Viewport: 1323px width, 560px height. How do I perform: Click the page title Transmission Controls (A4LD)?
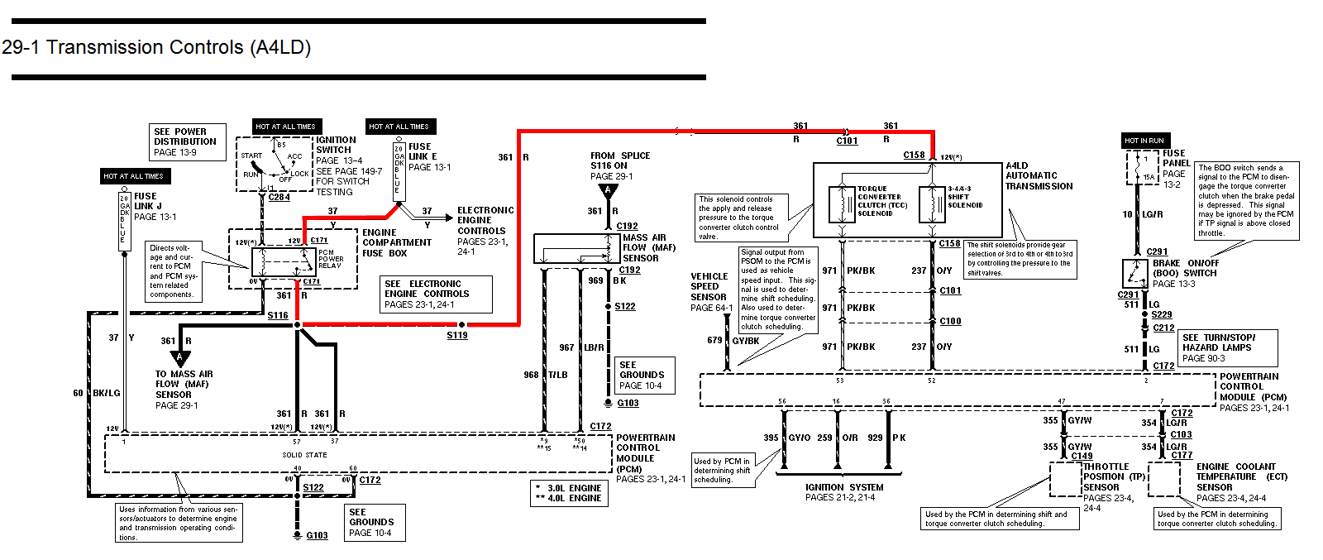156,47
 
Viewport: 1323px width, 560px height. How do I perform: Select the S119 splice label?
457,335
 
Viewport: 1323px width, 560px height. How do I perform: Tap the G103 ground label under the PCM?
317,535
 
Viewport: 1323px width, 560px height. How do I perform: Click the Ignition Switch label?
335,145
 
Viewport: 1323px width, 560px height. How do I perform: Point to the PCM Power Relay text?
330,259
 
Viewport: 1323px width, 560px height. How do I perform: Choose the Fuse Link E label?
421,151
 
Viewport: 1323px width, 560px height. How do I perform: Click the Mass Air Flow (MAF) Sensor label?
648,247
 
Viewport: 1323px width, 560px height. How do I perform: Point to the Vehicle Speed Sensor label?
709,286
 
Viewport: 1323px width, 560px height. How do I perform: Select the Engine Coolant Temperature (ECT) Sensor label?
1235,476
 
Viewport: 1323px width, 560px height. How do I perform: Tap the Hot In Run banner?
1144,140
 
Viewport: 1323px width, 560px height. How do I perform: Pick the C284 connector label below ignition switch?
279,197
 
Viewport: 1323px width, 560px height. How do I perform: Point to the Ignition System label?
843,487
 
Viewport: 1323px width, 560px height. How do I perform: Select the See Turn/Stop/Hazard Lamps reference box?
1228,347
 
